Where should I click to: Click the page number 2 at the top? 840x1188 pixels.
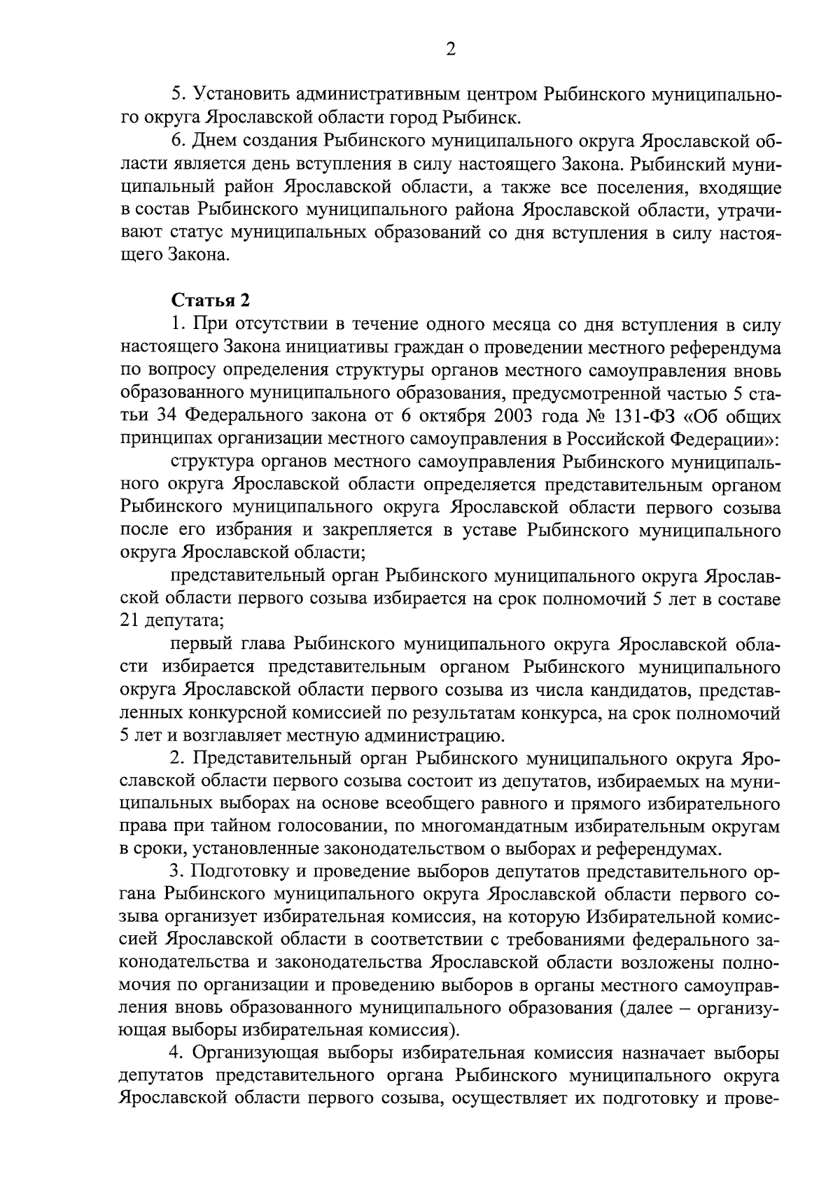pos(451,49)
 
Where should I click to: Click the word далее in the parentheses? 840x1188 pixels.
pos(647,1010)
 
